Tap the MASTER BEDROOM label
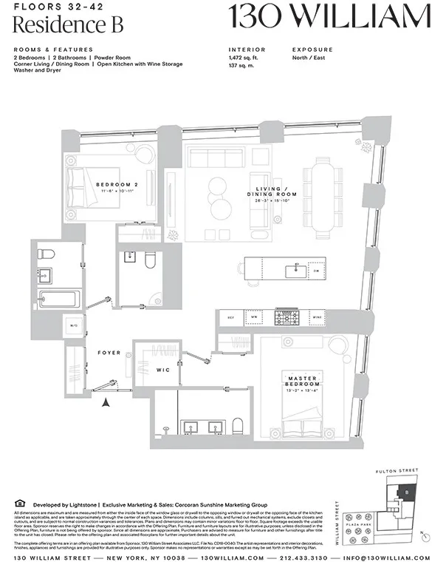[x=303, y=380]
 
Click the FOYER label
[x=109, y=353]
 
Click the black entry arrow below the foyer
[x=106, y=402]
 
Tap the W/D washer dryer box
[x=74, y=325]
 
